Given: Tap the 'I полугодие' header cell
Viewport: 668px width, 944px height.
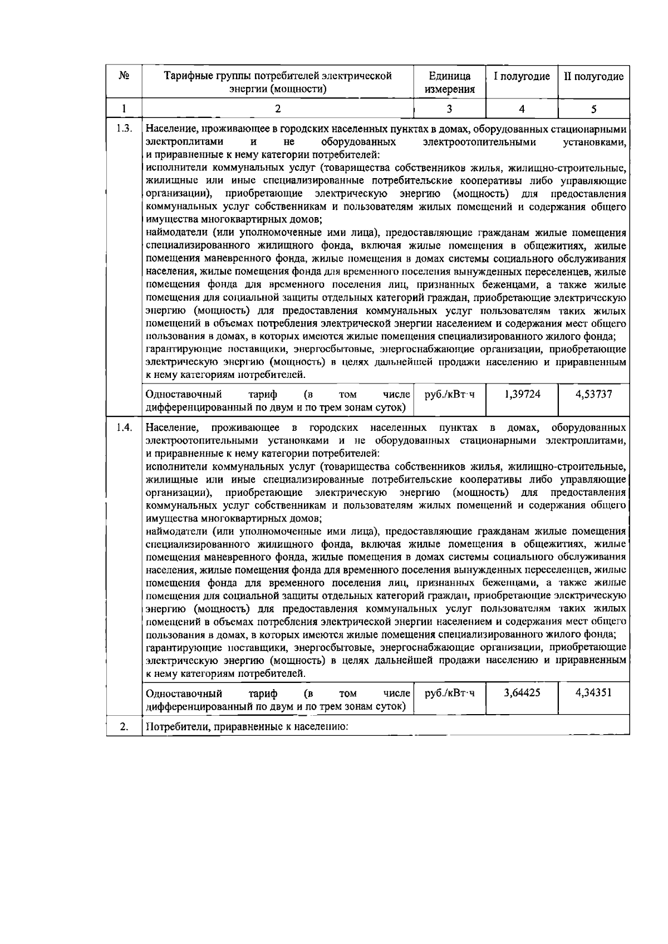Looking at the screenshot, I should pyautogui.click(x=522, y=76).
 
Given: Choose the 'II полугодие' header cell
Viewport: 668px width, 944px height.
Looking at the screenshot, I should pyautogui.click(x=593, y=76).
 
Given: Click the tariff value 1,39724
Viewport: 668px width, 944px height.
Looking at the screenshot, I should pyautogui.click(x=522, y=395).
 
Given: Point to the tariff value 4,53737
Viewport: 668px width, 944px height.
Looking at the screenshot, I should pyautogui.click(x=593, y=395).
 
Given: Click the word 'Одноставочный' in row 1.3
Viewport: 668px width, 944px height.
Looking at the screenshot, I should pyautogui.click(x=183, y=395).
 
